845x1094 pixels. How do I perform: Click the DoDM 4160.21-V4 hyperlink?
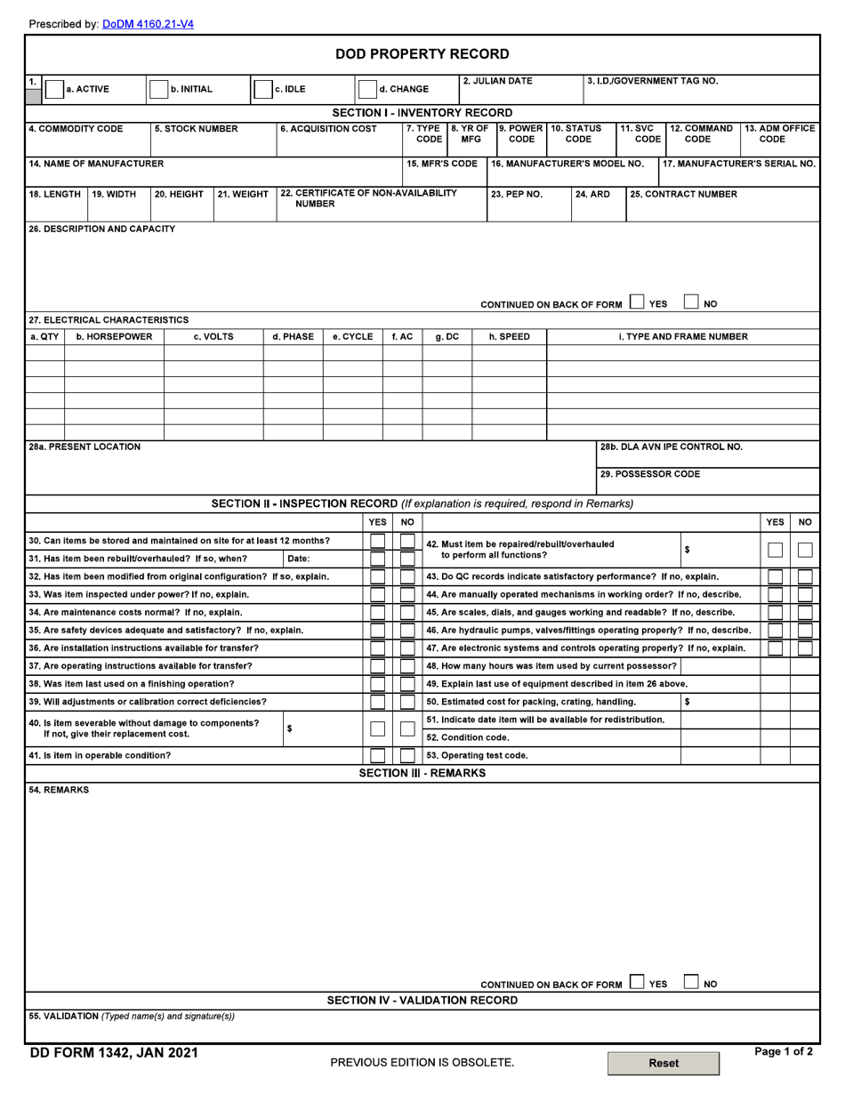[x=148, y=24]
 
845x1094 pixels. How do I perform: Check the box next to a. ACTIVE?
[x=54, y=89]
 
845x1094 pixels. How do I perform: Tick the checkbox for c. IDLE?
[x=263, y=89]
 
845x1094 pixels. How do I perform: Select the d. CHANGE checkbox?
[x=366, y=89]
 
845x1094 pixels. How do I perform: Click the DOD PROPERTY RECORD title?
[x=422, y=54]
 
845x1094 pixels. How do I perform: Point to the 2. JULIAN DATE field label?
[x=497, y=81]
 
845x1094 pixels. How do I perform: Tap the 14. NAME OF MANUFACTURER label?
[x=96, y=164]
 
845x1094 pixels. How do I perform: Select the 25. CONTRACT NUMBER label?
[x=683, y=194]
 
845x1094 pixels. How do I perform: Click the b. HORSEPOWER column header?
[x=114, y=337]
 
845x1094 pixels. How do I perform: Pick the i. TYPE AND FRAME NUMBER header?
[x=683, y=337]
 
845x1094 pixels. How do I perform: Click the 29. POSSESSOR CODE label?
[x=649, y=474]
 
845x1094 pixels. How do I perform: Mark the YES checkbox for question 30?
[x=378, y=541]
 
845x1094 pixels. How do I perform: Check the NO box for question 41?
[x=407, y=756]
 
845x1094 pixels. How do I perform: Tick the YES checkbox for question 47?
[x=776, y=648]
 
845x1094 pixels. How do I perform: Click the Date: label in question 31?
[x=299, y=559]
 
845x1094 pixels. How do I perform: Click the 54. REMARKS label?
[x=59, y=790]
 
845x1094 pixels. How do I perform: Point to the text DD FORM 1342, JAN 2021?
[x=114, y=1053]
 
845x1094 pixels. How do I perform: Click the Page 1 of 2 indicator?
[x=783, y=1051]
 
